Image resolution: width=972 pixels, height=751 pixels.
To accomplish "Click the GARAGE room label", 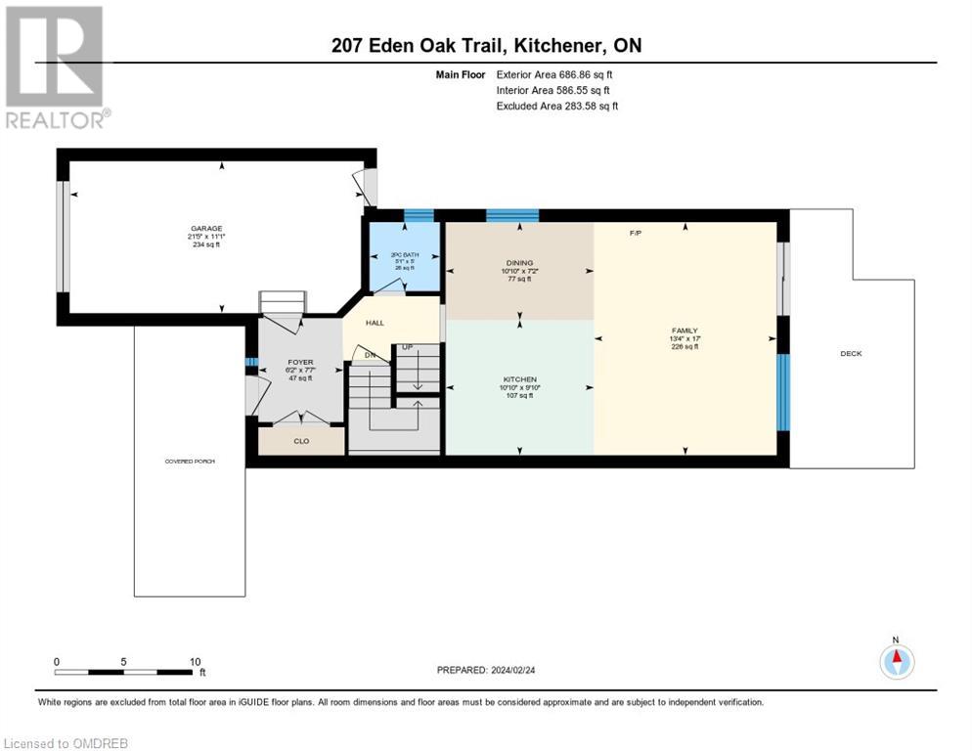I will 205,229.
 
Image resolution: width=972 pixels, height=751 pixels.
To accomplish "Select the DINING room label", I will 519,262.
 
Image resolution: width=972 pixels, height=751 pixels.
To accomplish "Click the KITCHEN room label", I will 519,379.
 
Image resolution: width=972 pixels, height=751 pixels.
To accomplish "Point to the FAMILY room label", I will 685,331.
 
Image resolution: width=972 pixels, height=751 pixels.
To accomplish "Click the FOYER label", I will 300,362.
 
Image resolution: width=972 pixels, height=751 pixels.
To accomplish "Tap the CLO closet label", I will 301,441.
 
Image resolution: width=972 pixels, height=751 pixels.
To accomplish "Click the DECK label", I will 851,353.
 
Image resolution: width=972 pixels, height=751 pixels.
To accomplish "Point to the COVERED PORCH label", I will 190,461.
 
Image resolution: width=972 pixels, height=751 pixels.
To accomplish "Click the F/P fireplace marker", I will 634,233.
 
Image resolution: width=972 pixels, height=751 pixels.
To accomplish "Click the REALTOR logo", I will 56,66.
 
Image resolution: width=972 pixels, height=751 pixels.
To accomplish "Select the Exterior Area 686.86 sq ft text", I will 554,74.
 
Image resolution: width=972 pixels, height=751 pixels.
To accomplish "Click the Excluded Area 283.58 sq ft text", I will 557,106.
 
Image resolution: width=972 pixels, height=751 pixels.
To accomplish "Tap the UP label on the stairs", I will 407,347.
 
